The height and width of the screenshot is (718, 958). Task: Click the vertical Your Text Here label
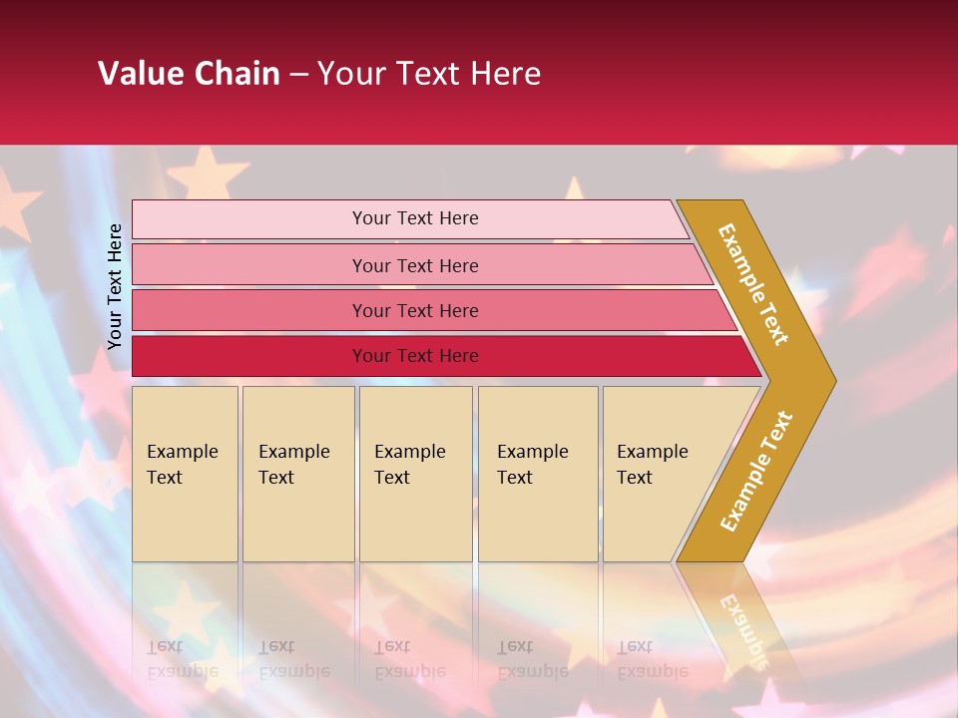click(115, 286)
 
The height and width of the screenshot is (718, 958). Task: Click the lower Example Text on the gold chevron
click(756, 472)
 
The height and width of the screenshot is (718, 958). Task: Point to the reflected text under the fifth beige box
click(652, 659)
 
